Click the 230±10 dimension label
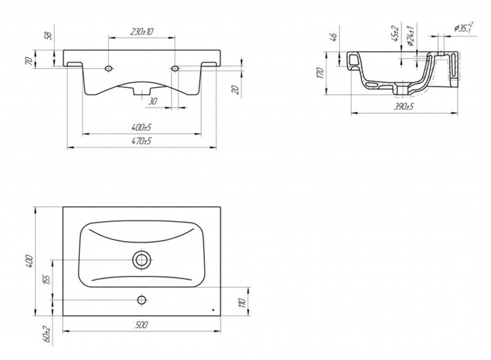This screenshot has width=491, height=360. tap(141, 31)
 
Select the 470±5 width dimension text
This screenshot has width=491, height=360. tap(141, 141)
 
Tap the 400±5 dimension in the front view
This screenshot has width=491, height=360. tap(141, 128)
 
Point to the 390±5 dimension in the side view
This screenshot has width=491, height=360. tap(404, 107)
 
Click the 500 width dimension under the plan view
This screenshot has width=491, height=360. tap(141, 325)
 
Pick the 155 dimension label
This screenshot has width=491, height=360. tap(46, 280)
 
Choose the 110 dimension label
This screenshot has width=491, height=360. tap(242, 303)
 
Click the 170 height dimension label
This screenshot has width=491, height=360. tap(320, 73)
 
